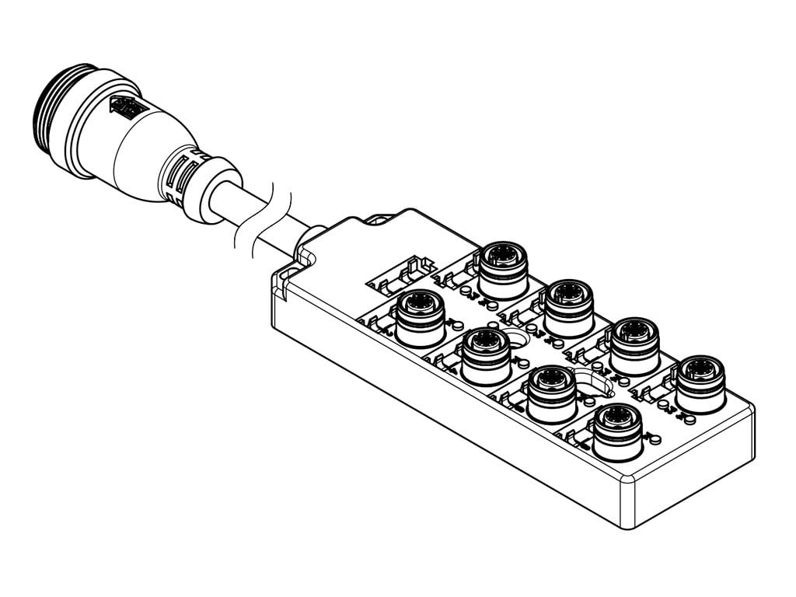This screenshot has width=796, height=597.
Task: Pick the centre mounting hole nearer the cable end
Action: (513, 337)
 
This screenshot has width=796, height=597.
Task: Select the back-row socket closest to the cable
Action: (502, 268)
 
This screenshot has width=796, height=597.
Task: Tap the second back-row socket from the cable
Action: (568, 306)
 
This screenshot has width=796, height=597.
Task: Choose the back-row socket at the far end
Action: (700, 383)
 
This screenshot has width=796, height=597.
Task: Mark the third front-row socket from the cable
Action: (551, 393)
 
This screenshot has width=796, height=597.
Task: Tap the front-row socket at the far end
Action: (617, 431)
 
